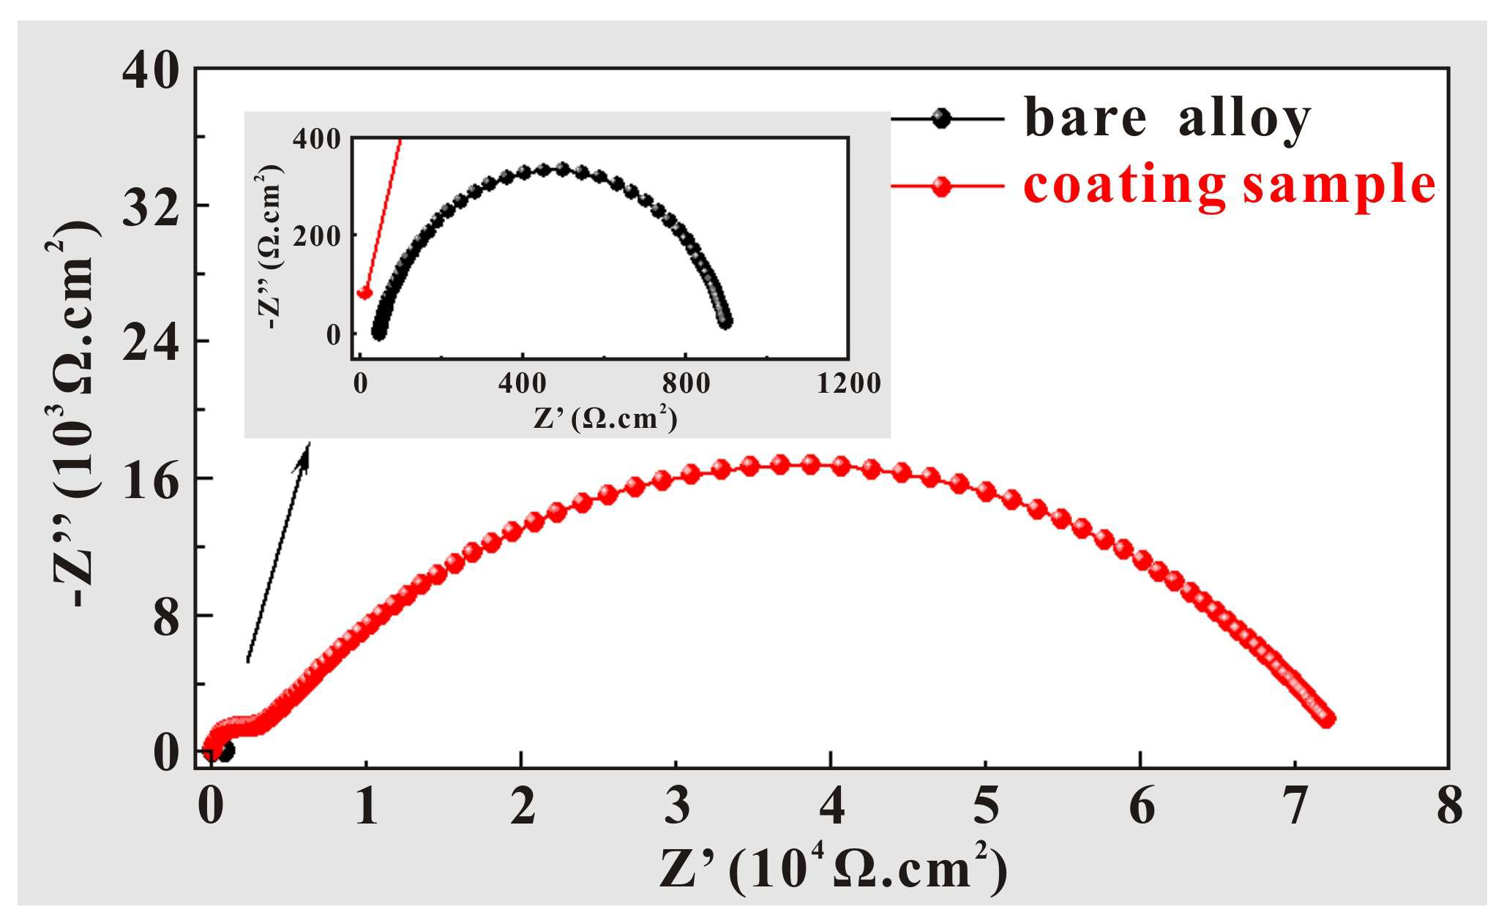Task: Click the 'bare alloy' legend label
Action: pos(1167,118)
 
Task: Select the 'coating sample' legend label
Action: pos(1230,185)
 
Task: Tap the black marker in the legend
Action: pos(942,118)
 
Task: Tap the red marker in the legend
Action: pos(942,187)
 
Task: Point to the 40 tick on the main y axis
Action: pos(151,71)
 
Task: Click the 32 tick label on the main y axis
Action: pos(151,208)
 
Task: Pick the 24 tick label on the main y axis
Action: pos(151,343)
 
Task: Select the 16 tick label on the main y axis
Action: pos(151,481)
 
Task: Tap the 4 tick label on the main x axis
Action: pos(831,805)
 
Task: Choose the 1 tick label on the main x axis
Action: pos(367,805)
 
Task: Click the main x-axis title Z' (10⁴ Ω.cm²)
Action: pos(833,870)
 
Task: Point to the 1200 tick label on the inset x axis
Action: pos(849,383)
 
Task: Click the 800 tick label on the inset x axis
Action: pos(685,383)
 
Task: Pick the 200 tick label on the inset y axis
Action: pos(317,236)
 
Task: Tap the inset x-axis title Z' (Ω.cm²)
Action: pos(605,418)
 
